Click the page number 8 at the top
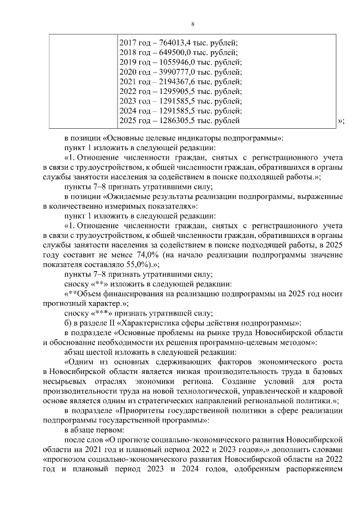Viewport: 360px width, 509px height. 192,24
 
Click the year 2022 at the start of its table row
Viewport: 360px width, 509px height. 129,91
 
